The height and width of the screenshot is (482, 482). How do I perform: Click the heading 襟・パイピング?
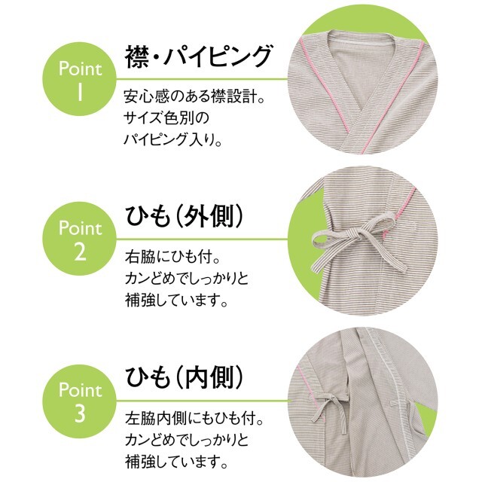pos(198,56)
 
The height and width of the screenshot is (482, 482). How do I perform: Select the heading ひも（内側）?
pos(185,377)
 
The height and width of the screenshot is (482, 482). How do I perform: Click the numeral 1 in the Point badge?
pos(80,91)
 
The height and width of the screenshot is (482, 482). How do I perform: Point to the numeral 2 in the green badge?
pos(80,251)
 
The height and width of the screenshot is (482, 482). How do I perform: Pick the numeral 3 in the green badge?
pos(80,413)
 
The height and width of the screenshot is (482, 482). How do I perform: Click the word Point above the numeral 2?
pos(80,228)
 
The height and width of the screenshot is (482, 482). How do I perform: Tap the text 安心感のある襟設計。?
pos(194,96)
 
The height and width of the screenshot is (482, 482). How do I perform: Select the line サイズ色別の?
pos(166,118)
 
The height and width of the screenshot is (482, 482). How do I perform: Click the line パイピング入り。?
pos(172,139)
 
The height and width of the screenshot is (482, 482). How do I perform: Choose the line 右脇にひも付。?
pos(172,257)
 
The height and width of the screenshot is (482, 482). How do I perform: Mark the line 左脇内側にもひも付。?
pos(194,419)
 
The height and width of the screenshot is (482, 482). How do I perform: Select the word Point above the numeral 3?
pos(80,390)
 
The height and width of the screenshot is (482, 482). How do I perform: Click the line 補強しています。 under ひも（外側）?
pos(176,300)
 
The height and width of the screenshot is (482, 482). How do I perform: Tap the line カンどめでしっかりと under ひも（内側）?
pos(187,440)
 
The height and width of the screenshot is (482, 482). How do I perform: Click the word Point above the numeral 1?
pos(80,69)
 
